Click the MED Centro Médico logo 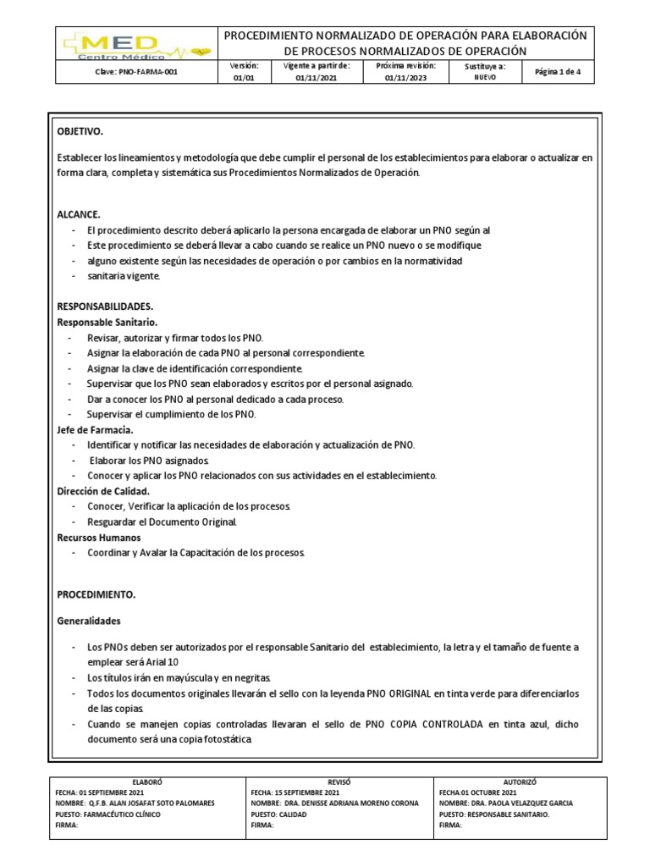pos(135,44)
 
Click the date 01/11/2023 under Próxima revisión pos(406,77)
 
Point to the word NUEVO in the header pos(485,77)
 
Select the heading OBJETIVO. pos(80,132)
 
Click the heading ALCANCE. pos(79,214)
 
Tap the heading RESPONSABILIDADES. pos(105,306)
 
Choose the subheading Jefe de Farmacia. pos(95,429)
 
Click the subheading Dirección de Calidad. pos(103,491)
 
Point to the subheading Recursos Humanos pos(99,537)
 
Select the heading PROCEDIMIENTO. pos(96,594)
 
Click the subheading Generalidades pos(89,621)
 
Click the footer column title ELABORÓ pos(147,782)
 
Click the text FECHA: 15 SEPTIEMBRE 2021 pos(295,792)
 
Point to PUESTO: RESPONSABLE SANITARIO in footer pos(494,814)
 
